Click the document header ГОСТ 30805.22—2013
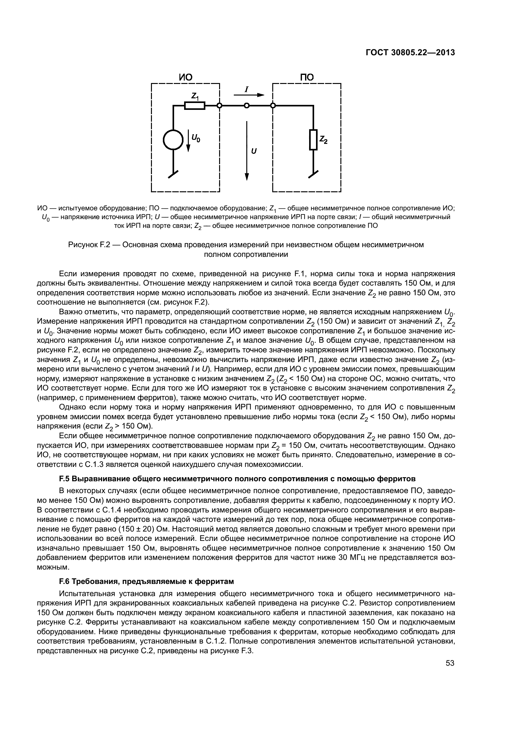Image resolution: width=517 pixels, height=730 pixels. [x=410, y=52]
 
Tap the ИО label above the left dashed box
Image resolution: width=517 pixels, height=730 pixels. [x=186, y=77]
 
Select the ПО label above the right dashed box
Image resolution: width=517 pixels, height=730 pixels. [x=307, y=77]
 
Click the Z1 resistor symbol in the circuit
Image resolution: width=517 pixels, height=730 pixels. [x=194, y=105]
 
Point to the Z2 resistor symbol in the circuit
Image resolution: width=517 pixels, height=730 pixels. [x=313, y=140]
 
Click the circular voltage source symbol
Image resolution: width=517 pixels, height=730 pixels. [x=173, y=140]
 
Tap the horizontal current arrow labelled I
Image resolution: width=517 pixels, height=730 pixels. [x=249, y=95]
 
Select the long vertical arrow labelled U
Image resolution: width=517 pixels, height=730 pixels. [x=247, y=151]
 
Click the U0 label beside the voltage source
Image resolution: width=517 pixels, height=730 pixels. [x=196, y=138]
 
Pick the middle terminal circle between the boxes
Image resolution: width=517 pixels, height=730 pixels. [x=246, y=105]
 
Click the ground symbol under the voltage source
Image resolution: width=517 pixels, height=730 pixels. [x=173, y=174]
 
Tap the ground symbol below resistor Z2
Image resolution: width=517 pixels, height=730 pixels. [x=313, y=174]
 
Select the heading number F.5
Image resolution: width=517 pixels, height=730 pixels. [x=64, y=478]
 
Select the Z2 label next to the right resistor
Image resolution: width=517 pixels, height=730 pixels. [x=324, y=139]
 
